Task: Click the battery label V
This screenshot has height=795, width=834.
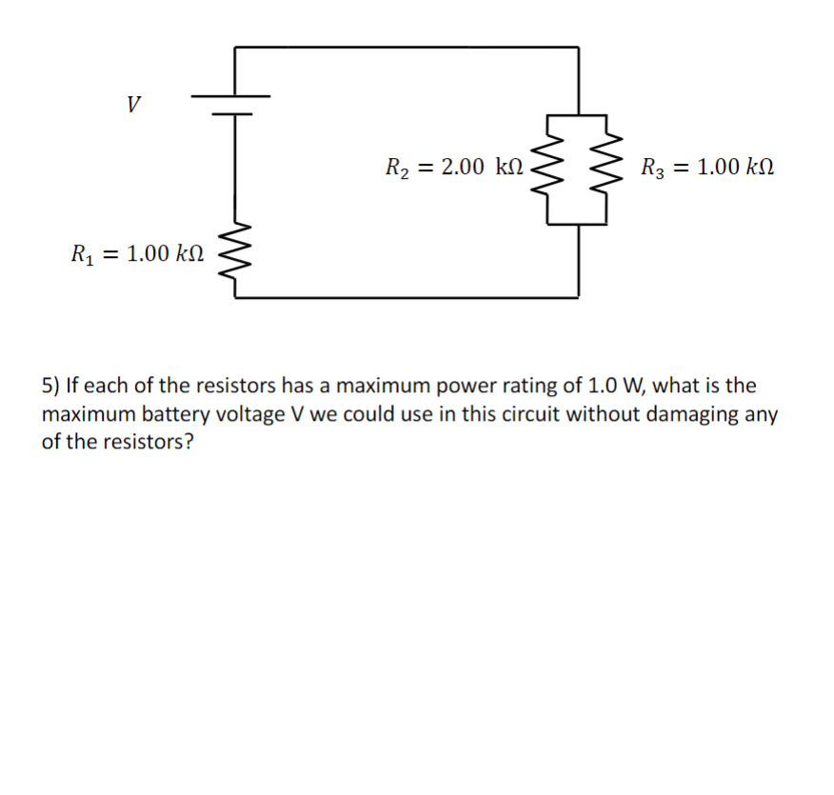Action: pos(134,102)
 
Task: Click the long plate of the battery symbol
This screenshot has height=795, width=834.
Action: pos(231,96)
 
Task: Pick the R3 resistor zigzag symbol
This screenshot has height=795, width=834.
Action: pos(607,169)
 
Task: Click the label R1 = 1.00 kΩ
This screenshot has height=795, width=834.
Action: pos(137,254)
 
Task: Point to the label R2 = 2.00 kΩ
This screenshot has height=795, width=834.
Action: pos(454,169)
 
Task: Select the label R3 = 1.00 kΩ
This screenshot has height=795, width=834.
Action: pos(707,169)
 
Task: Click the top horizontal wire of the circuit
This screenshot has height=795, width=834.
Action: pos(407,46)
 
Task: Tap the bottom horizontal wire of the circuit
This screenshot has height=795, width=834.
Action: pos(407,297)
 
